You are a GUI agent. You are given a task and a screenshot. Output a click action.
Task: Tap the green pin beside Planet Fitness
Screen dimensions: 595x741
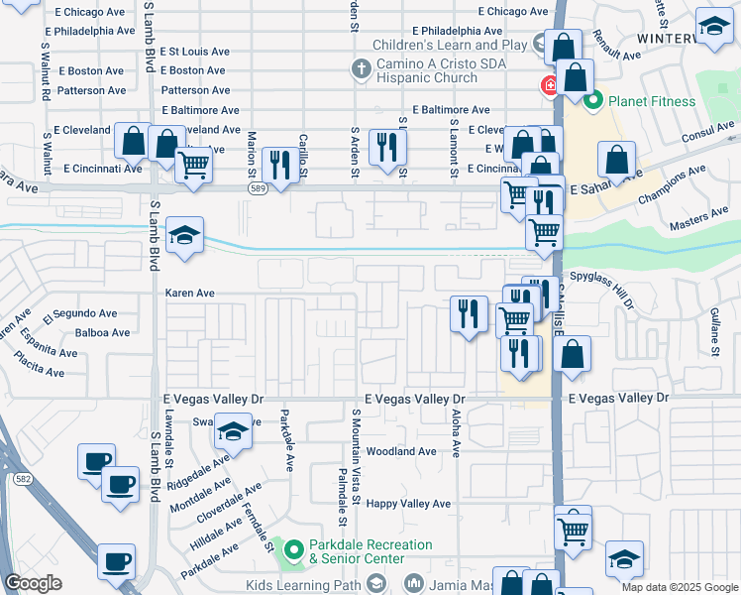pos(594,100)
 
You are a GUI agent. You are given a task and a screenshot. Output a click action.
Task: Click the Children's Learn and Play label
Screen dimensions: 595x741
pos(450,45)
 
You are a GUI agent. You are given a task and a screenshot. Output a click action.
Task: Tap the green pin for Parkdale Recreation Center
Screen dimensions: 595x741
pos(293,547)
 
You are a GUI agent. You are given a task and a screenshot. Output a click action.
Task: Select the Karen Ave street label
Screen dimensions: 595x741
pos(190,294)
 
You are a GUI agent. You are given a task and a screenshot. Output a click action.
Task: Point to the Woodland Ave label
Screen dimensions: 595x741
pos(401,451)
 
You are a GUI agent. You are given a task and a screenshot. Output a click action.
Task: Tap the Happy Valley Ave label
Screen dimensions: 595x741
pos(408,504)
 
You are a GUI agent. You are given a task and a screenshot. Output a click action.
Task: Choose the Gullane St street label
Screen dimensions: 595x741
pos(713,331)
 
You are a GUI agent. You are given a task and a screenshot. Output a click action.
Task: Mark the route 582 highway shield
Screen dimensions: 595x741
pos(21,479)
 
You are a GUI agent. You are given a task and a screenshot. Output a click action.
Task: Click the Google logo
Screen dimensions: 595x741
pos(34,583)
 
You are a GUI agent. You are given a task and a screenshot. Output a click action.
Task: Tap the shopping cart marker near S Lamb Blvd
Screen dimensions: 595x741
pos(194,165)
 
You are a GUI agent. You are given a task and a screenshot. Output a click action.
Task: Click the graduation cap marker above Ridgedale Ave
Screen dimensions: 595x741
pos(233,433)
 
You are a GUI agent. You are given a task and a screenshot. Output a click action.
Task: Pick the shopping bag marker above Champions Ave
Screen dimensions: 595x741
pos(617,160)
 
